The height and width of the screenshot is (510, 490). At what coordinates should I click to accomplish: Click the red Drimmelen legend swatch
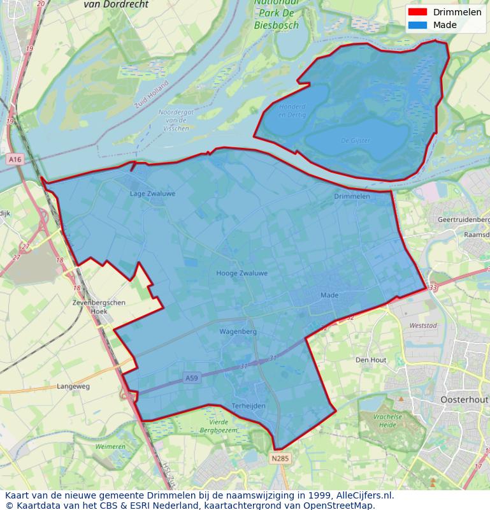tap(417, 12)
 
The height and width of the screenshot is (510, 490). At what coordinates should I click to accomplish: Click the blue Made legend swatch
tap(417, 25)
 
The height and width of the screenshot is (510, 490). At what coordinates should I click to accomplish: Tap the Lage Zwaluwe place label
tap(152, 193)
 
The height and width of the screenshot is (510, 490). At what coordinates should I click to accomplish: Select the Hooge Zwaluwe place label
tap(241, 273)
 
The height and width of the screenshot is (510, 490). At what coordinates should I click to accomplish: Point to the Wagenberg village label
tap(238, 331)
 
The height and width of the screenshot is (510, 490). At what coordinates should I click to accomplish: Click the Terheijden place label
tap(248, 405)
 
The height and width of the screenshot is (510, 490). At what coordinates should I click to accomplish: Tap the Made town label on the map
tap(329, 295)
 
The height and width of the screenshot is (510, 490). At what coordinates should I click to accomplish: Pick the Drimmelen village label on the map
tap(352, 196)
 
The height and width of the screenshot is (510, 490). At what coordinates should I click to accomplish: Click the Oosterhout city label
tap(464, 399)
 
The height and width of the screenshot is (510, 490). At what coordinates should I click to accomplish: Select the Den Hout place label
tap(371, 360)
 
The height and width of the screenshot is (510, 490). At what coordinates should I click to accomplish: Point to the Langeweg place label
tap(73, 386)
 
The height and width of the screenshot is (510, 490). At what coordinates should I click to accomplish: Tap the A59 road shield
tap(192, 378)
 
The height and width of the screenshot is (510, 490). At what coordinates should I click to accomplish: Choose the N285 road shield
tap(279, 458)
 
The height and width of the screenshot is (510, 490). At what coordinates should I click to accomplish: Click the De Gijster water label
tap(355, 140)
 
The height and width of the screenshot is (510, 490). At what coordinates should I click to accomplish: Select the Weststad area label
tap(423, 326)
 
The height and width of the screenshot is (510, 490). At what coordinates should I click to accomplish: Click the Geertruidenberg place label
tap(463, 219)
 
